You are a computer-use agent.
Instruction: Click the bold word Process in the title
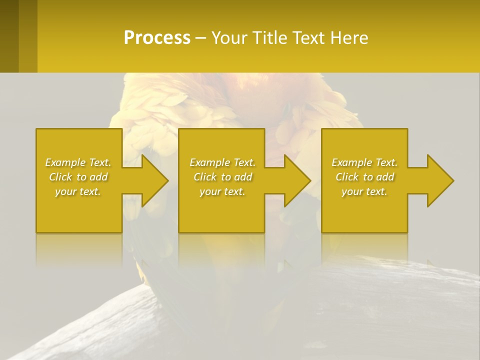click(x=157, y=38)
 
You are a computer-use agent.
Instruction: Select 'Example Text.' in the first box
click(x=78, y=162)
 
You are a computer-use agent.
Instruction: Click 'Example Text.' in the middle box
click(x=222, y=162)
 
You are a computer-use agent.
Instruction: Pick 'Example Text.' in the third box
click(x=364, y=162)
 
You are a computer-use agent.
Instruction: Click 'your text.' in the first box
click(x=78, y=191)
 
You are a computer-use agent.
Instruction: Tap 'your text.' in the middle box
click(x=222, y=191)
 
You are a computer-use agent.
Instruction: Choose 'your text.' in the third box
click(x=364, y=191)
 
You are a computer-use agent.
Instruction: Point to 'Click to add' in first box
click(x=78, y=177)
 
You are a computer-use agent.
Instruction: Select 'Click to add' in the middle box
click(x=222, y=177)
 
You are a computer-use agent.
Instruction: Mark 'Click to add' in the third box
click(x=364, y=177)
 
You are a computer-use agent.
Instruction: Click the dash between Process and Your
click(x=200, y=38)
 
